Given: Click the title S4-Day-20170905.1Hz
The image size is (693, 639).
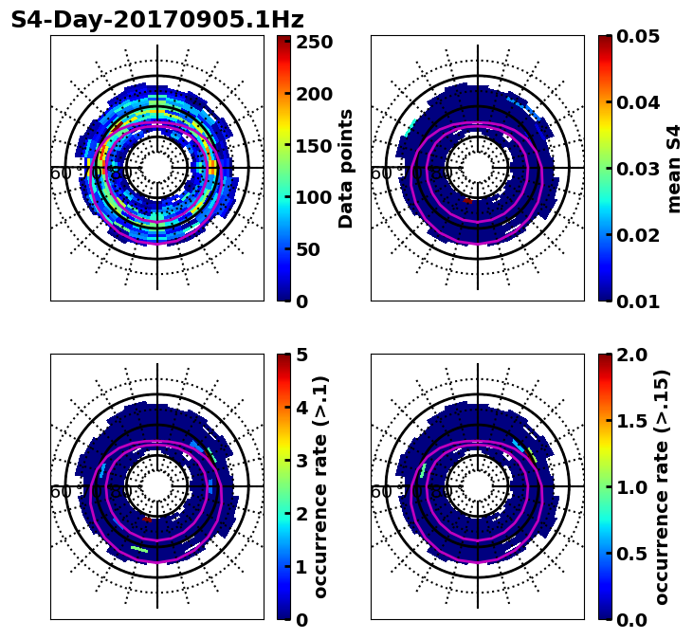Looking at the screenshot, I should click(157, 20).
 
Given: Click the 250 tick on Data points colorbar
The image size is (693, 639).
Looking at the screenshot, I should click(314, 42).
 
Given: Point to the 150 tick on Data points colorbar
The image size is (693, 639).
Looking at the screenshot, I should click(314, 146).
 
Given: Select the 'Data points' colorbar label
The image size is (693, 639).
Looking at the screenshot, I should click(346, 168).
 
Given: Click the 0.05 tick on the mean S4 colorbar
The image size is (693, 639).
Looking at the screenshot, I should click(638, 36).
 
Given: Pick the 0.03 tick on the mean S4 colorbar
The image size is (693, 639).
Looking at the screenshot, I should click(638, 169).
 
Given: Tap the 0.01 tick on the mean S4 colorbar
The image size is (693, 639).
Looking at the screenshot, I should click(638, 301).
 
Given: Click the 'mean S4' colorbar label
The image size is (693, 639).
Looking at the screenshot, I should click(674, 168).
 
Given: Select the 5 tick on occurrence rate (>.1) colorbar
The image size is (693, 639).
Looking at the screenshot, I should click(301, 355).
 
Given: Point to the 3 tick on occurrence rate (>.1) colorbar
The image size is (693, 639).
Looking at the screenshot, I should click(301, 461).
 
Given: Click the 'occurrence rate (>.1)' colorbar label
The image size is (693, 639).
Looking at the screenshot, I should click(321, 486).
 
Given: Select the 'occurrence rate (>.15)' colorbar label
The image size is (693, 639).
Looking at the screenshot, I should click(662, 486).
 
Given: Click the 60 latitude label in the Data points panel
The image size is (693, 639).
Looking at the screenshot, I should click(61, 173).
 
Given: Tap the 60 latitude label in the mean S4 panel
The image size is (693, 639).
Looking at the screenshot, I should click(381, 173).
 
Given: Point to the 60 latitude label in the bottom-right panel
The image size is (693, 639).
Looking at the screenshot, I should click(381, 492).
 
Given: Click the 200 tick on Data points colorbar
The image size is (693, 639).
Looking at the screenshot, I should click(314, 94).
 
